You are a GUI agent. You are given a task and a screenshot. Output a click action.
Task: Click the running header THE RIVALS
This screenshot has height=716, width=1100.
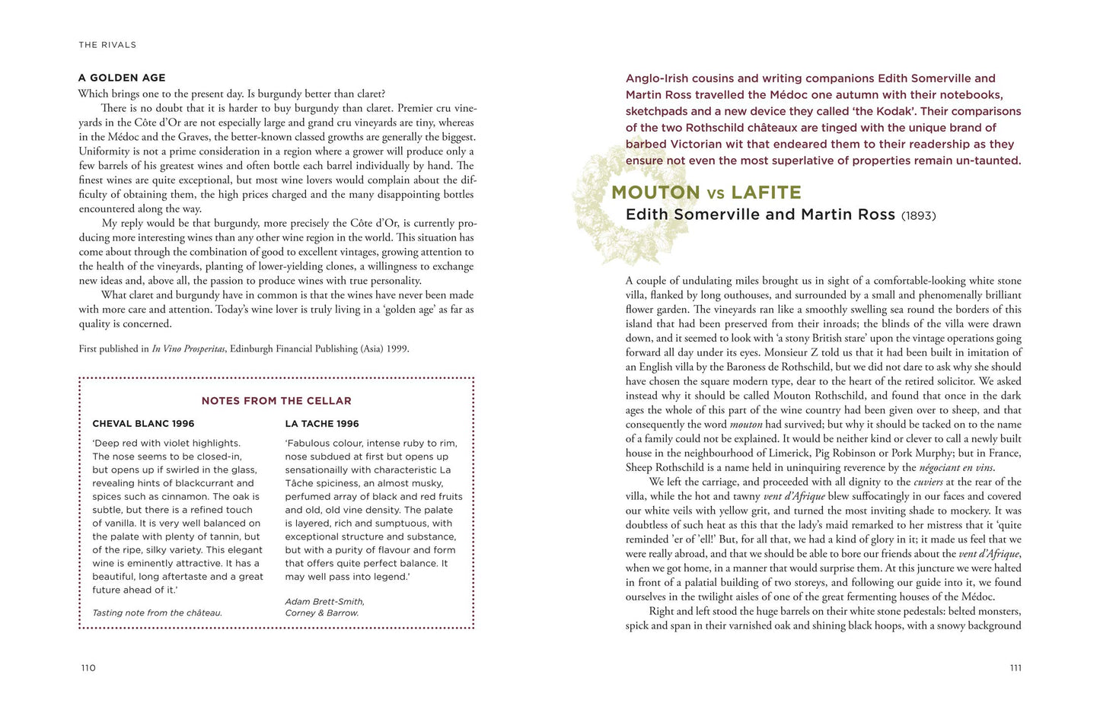(x=107, y=45)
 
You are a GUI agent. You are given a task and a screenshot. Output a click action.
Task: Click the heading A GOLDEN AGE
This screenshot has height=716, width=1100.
(x=122, y=78)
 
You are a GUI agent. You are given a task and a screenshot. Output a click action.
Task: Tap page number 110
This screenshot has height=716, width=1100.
(x=88, y=668)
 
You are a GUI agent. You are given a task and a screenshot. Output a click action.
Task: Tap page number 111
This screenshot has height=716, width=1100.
(x=1016, y=668)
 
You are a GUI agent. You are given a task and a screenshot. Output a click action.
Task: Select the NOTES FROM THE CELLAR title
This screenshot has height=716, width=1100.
(x=276, y=401)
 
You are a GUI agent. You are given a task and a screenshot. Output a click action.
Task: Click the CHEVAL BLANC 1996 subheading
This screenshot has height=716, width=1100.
(x=143, y=424)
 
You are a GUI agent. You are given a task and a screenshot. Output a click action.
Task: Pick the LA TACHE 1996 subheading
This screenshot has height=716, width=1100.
(x=322, y=424)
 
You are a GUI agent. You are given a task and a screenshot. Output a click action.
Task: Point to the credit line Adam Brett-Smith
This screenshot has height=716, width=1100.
(x=324, y=601)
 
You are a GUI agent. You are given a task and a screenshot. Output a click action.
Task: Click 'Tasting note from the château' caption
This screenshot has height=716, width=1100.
(x=157, y=613)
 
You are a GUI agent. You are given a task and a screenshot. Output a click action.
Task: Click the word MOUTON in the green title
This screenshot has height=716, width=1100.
(x=655, y=193)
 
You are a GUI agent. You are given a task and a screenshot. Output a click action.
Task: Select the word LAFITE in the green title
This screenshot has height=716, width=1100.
(x=766, y=193)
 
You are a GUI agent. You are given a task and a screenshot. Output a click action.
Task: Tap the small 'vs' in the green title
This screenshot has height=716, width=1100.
(x=716, y=194)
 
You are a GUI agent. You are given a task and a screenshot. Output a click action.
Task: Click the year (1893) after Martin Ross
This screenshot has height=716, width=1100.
(x=918, y=216)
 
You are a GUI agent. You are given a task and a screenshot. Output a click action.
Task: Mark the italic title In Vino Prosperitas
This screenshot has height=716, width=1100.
(x=188, y=349)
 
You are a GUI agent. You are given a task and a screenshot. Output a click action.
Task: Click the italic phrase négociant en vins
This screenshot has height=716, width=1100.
(x=956, y=468)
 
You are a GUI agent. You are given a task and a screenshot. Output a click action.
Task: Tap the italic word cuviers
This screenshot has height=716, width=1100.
(x=928, y=482)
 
